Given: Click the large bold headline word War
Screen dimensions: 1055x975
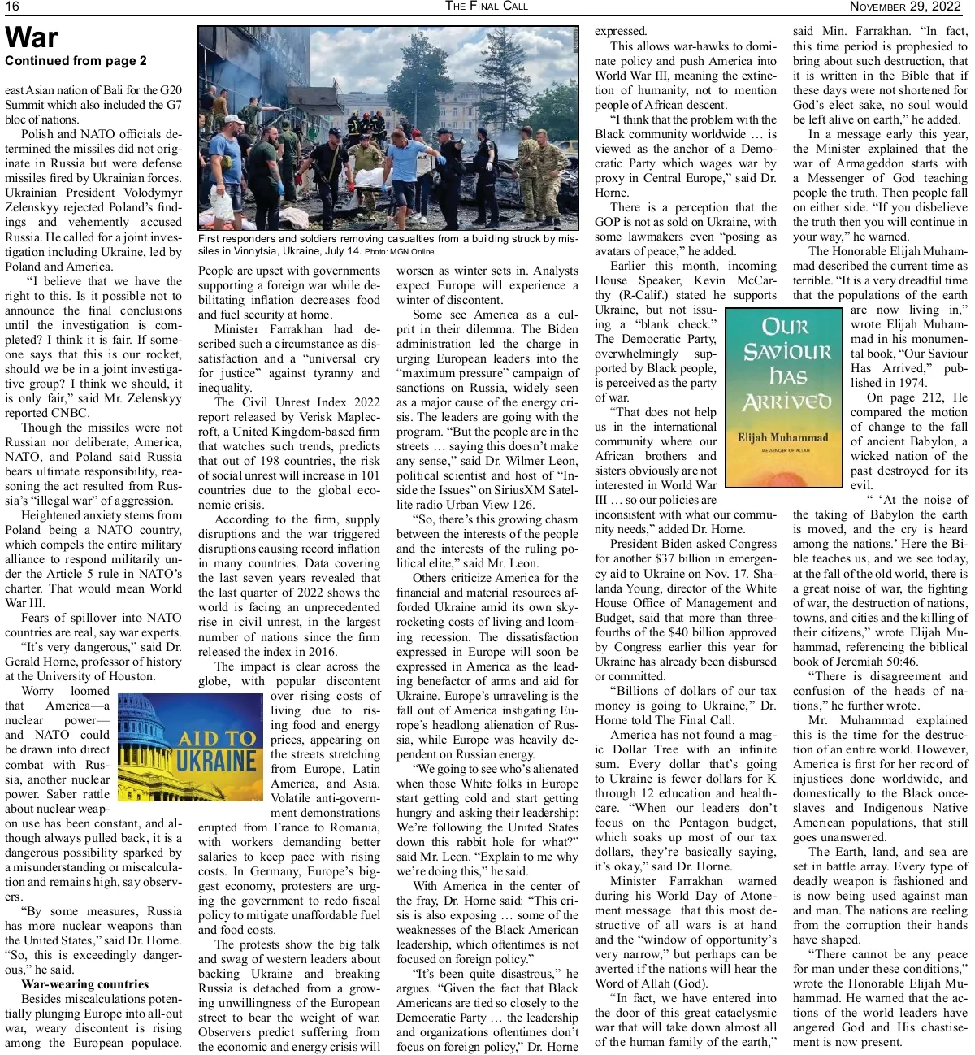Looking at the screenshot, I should [32, 38].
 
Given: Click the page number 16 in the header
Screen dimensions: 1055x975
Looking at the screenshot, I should [12, 7].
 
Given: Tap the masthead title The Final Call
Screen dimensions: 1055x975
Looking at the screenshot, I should [486, 7].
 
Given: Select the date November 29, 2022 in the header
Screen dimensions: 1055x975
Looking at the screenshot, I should [905, 7].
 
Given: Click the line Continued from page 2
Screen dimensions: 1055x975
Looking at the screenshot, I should [76, 61].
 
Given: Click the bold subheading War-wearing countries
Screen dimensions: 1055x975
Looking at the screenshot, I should [85, 984].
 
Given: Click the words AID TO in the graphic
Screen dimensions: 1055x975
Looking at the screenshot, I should [217, 739].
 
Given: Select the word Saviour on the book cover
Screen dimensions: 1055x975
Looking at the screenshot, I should [787, 351].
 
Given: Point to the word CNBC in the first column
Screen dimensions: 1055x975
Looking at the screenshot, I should [67, 413].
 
